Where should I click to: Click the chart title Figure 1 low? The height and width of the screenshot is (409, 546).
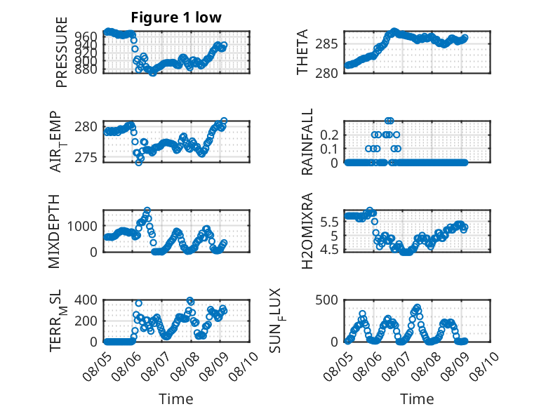[x=176, y=18]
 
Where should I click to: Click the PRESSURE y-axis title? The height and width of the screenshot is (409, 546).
[x=61, y=52]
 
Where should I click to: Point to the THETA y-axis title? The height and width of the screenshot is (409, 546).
[x=302, y=52]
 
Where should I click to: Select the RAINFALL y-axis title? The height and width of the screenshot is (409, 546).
[x=307, y=142]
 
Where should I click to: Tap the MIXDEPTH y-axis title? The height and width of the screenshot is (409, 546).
[x=54, y=232]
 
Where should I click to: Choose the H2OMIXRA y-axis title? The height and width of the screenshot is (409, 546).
[x=307, y=231]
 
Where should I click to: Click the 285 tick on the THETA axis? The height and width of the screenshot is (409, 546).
[x=326, y=44]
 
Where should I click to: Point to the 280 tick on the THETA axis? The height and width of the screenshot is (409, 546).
[x=326, y=73]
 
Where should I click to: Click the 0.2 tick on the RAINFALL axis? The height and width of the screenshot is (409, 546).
[x=329, y=135]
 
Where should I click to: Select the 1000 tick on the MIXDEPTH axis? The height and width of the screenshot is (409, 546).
[x=82, y=227]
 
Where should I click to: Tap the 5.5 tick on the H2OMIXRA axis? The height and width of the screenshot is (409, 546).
[x=329, y=222]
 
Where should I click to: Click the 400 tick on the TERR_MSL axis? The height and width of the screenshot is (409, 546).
[x=86, y=300]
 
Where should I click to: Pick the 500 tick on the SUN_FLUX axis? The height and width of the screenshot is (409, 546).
[x=326, y=300]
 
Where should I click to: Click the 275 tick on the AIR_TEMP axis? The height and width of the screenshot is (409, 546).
[x=86, y=158]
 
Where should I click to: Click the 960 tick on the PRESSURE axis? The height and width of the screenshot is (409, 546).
[x=86, y=36]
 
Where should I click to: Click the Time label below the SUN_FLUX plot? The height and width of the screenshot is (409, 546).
[x=417, y=399]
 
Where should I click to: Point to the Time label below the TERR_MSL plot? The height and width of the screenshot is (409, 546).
[x=176, y=399]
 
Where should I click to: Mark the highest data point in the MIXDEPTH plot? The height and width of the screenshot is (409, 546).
[x=147, y=210]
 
